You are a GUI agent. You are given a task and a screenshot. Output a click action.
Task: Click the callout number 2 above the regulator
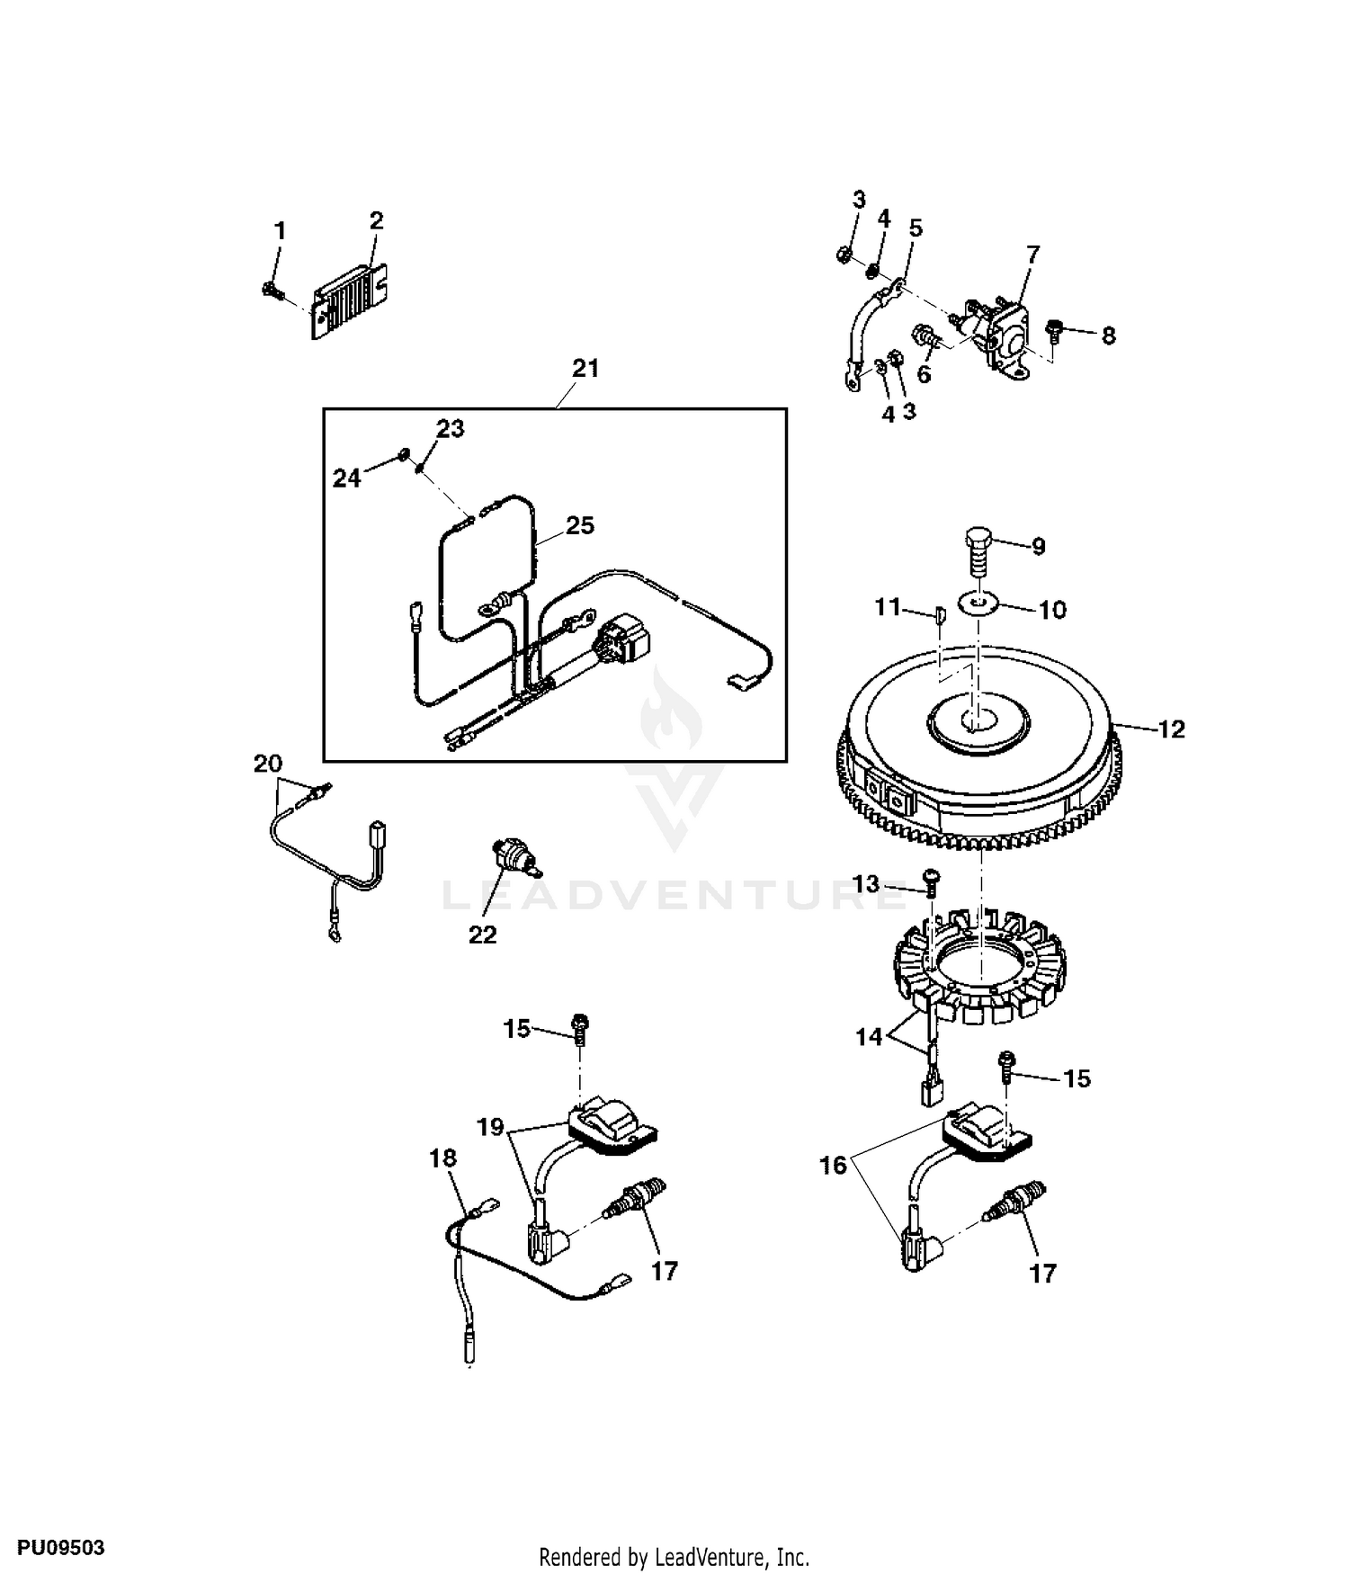pyautogui.click(x=377, y=220)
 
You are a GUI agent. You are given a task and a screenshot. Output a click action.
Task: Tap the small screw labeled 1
pyautogui.click(x=271, y=289)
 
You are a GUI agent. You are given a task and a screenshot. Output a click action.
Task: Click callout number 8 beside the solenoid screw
pyautogui.click(x=1108, y=335)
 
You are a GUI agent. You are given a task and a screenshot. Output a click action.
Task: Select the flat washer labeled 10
pyautogui.click(x=979, y=602)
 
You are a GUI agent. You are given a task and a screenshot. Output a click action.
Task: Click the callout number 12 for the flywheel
pyautogui.click(x=1172, y=729)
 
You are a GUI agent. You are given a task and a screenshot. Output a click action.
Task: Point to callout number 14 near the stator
pyautogui.click(x=869, y=1037)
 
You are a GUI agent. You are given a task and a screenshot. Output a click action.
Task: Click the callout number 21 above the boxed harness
pyautogui.click(x=585, y=369)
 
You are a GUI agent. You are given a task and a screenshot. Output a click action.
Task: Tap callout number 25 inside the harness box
pyautogui.click(x=580, y=525)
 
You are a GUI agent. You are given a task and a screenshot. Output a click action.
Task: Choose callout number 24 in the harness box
pyautogui.click(x=346, y=478)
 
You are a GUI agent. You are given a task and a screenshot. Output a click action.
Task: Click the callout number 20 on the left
pyautogui.click(x=268, y=765)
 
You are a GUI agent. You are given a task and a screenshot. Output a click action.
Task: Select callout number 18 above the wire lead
pyautogui.click(x=442, y=1158)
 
